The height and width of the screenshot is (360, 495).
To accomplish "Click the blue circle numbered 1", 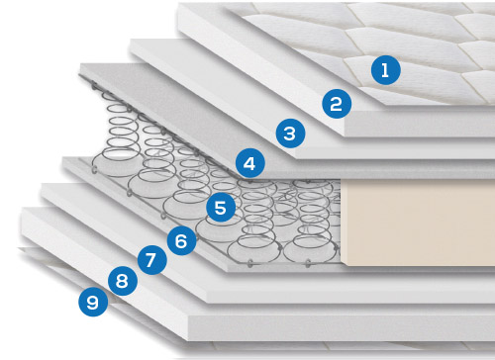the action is [386, 70].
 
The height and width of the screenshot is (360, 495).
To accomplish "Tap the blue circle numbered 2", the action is [337, 104].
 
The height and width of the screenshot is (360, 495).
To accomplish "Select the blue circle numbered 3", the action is [290, 134].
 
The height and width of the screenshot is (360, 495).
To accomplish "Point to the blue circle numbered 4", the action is [250, 163].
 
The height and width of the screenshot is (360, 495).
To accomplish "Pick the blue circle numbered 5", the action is [221, 208].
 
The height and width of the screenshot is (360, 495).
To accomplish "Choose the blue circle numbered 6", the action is [181, 240].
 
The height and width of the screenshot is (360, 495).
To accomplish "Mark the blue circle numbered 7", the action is [151, 260].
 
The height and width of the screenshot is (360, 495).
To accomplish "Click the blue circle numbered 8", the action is [123, 281].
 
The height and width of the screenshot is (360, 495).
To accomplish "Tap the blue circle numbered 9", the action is [93, 302].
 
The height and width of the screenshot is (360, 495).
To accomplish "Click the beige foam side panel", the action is [418, 223].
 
